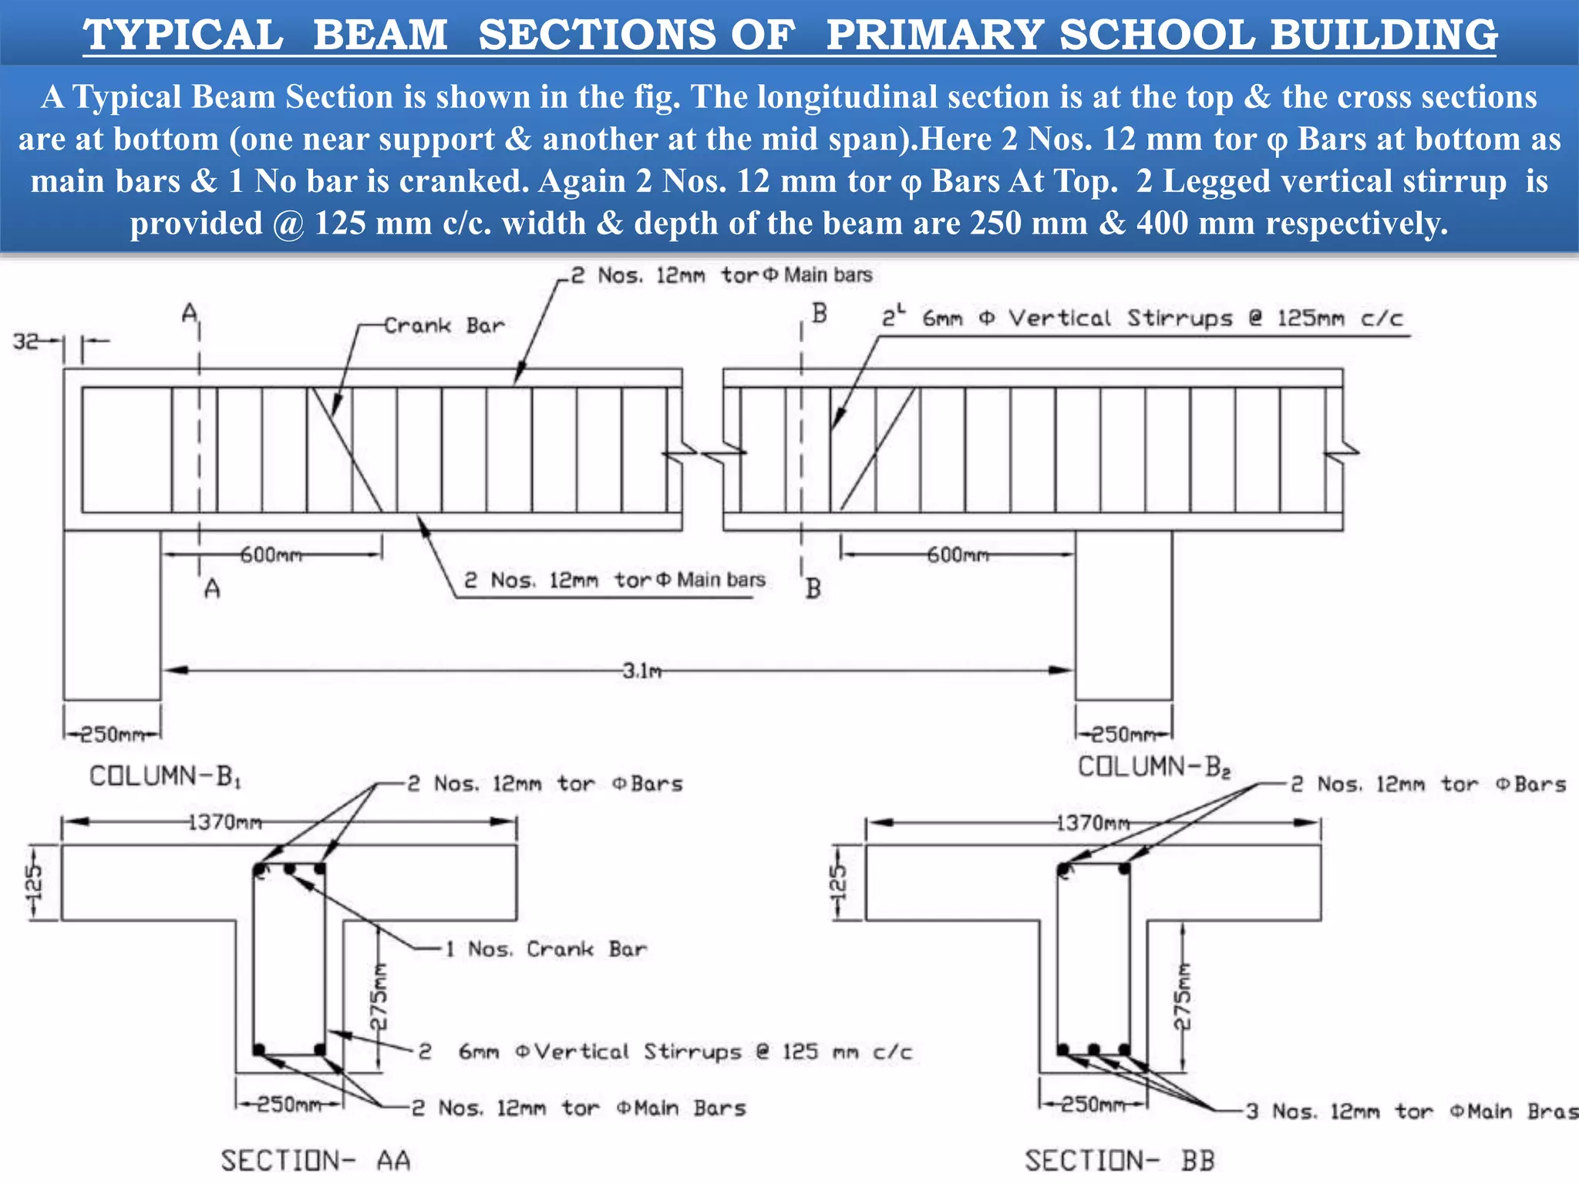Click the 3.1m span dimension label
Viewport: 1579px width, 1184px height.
coord(642,671)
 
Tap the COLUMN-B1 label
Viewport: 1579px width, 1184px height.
coord(165,775)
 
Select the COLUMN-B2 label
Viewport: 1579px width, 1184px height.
coord(1153,767)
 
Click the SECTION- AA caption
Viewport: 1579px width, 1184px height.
coord(315,1160)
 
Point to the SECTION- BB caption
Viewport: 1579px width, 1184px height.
coord(1119,1160)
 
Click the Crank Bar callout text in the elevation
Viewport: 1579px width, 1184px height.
coord(444,326)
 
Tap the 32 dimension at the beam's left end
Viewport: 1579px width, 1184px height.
coord(26,341)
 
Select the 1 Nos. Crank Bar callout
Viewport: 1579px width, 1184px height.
coord(546,949)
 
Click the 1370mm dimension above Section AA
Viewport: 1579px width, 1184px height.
coord(225,822)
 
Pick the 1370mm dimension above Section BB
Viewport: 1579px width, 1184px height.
coord(1092,823)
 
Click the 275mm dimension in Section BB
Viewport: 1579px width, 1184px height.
coord(1182,996)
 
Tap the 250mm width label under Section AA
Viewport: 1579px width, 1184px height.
coord(288,1105)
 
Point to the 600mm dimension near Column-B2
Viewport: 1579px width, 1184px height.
coord(957,555)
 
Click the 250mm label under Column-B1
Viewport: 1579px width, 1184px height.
coord(112,734)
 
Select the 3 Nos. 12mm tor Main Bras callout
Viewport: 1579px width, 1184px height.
coord(1412,1111)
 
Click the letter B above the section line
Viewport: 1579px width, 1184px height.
coord(819,314)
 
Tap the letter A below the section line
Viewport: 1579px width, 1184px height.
coord(212,589)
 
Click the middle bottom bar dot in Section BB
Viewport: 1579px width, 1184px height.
coord(1093,1050)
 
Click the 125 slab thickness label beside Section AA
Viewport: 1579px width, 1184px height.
coord(34,883)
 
